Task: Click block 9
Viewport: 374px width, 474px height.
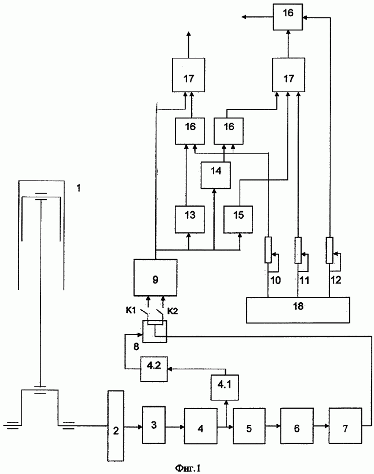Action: click(x=155, y=278)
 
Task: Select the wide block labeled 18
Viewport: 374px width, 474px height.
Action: click(x=298, y=310)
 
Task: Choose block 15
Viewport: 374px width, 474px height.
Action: click(x=239, y=219)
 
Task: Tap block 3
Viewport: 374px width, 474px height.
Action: click(x=154, y=425)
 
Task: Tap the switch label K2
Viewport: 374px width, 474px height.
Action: click(x=172, y=311)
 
